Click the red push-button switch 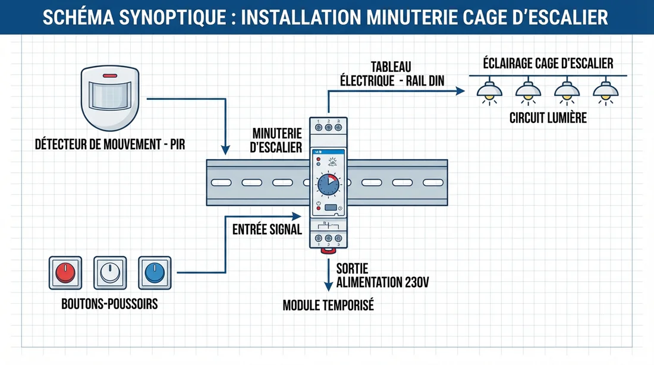tap(64, 273)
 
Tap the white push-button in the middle tap(110, 273)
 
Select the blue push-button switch tap(155, 273)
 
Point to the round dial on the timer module tap(328, 184)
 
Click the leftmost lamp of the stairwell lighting tap(489, 91)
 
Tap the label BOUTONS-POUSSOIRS tap(109, 304)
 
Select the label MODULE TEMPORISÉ tap(328, 306)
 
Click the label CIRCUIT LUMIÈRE tap(548, 118)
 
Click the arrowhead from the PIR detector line tap(225, 149)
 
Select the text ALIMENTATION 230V tap(382, 282)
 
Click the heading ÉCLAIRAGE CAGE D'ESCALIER tap(548, 63)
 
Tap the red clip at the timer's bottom tap(327, 251)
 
